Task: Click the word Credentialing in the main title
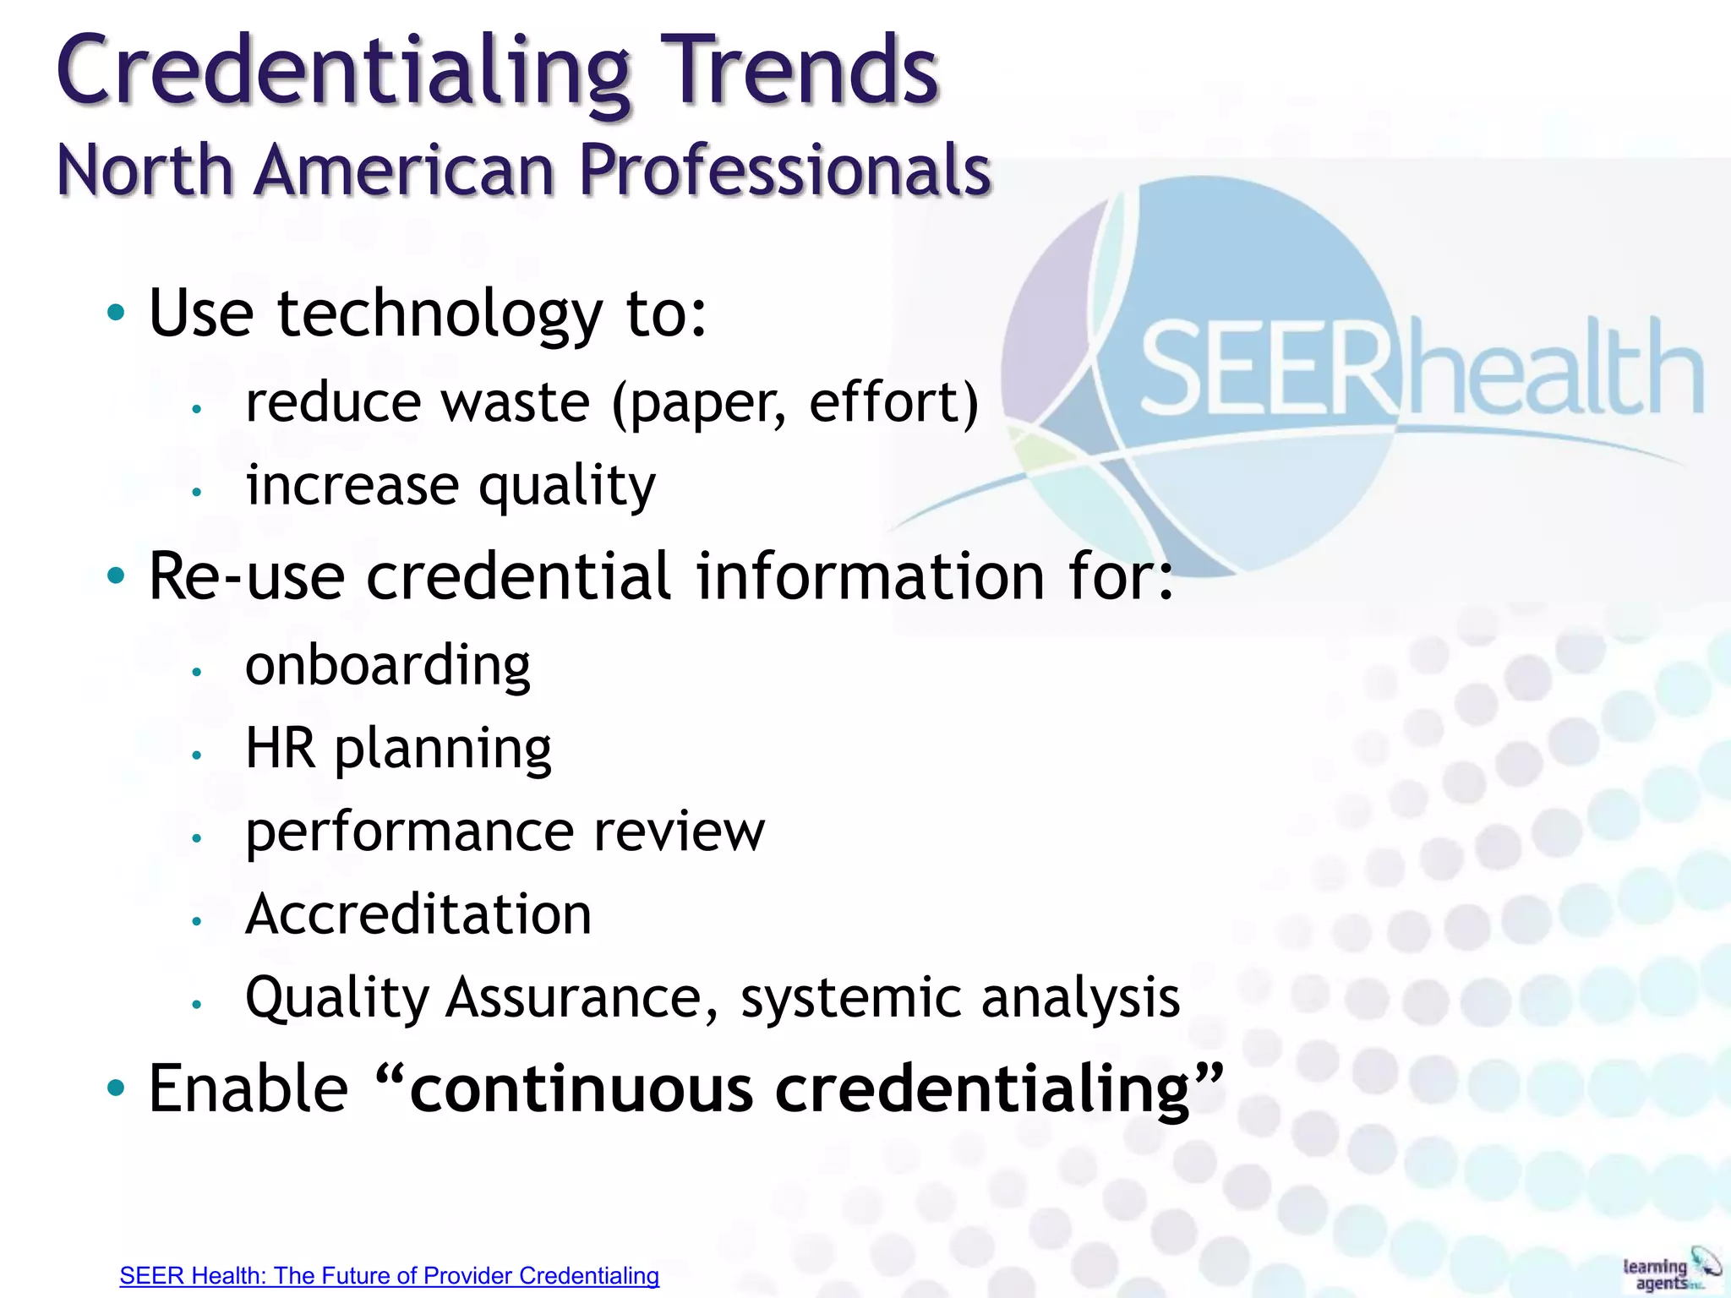tap(343, 73)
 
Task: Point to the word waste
tap(516, 402)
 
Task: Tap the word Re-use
tap(246, 576)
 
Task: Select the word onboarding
tap(388, 665)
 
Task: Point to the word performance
tap(406, 833)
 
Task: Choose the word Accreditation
tap(418, 914)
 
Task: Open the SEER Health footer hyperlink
tap(389, 1275)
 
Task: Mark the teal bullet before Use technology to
tap(116, 313)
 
